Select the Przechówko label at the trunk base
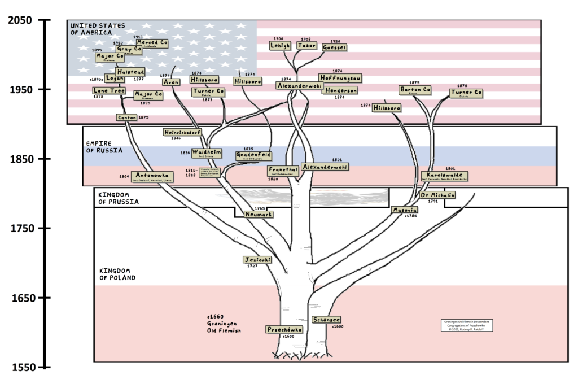(285, 329)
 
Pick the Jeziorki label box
(257, 259)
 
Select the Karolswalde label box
(444, 176)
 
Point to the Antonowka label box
(151, 176)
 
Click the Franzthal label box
(283, 170)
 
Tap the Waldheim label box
(206, 152)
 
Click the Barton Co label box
(415, 89)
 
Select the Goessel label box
(334, 47)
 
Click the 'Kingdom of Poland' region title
(117, 274)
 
